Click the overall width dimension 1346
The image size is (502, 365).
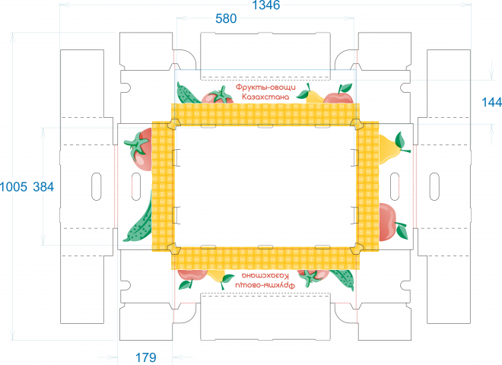click(266, 5)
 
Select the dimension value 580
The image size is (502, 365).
click(226, 19)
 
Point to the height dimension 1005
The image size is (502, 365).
click(14, 186)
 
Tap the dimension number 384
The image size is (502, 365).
click(43, 186)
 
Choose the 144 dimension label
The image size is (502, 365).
click(492, 103)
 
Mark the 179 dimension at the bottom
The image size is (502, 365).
click(146, 357)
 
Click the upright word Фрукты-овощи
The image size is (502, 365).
click(265, 87)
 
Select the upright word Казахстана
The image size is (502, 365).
click(265, 97)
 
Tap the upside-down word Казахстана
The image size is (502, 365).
click(265, 276)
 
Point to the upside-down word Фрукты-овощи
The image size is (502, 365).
click(265, 285)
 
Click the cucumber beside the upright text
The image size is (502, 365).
click(189, 93)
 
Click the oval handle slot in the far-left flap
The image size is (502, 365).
click(97, 186)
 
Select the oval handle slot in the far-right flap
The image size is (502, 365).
click(434, 186)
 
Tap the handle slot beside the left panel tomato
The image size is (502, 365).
click(135, 186)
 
